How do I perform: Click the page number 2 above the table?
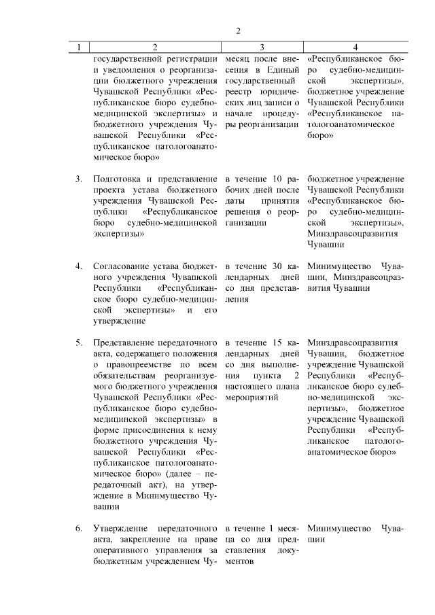coord(238,31)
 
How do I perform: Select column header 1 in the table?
coord(80,48)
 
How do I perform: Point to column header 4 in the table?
coord(355,48)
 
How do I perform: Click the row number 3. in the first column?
coord(79,179)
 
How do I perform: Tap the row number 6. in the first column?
coord(79,528)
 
